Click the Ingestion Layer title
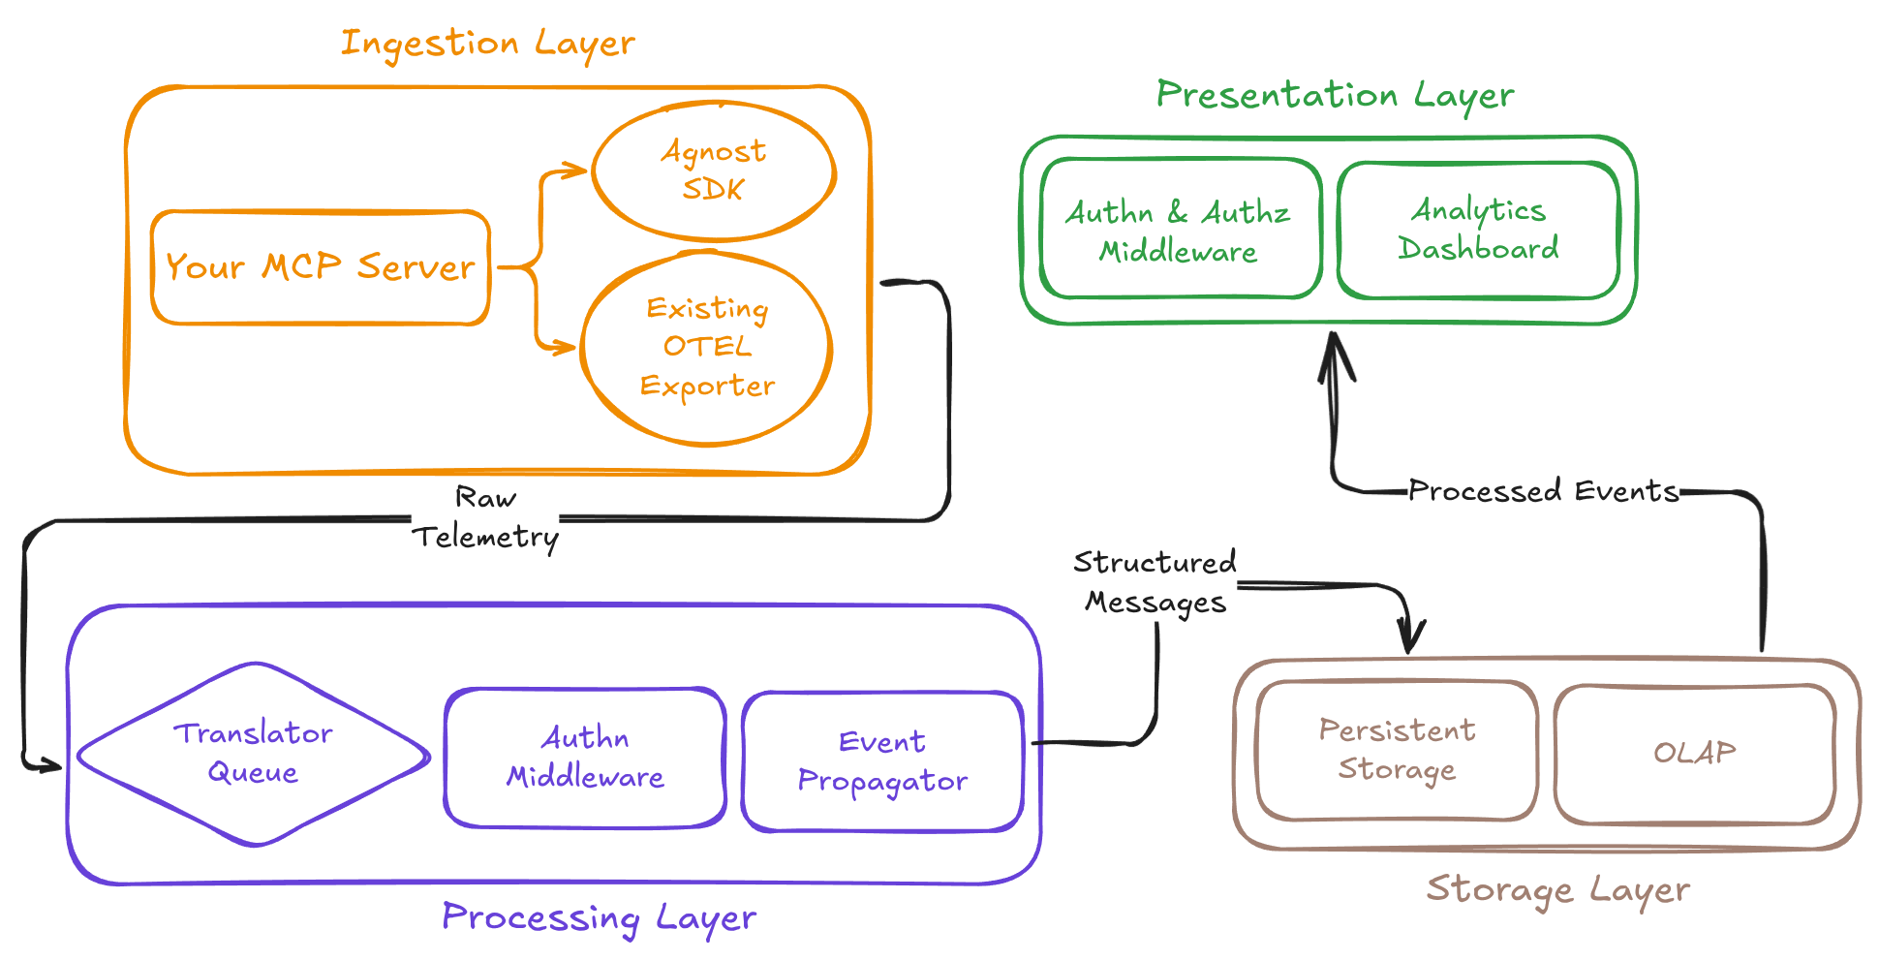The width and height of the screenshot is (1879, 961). coord(488,44)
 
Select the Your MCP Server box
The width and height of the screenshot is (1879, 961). coord(321,267)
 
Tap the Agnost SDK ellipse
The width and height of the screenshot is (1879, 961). coord(714,170)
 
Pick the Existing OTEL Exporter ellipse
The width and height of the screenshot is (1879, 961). coord(707,348)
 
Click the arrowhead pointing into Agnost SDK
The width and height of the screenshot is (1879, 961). coord(579,170)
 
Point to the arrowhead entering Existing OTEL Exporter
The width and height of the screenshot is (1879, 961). coord(568,346)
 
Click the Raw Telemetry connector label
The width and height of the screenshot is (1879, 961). coord(486,517)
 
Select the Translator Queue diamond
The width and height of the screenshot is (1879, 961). coord(254,754)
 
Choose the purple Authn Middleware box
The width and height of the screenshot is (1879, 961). coord(585,758)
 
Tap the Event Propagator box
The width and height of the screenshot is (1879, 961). coord(882,761)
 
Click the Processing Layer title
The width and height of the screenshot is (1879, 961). coord(599,917)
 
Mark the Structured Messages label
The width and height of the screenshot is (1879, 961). coord(1154,582)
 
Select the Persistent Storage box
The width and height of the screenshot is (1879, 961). coord(1397,750)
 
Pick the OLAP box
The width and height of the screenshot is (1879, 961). coord(1695,754)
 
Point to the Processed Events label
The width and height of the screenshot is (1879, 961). coord(1543,491)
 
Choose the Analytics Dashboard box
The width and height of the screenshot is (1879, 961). coord(1478,230)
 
